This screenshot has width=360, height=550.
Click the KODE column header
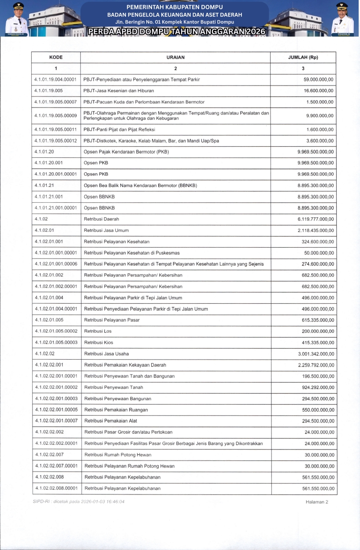click(x=56, y=57)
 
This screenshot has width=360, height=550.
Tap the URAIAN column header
click(x=175, y=57)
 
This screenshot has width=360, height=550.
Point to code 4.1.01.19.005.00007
click(x=56, y=102)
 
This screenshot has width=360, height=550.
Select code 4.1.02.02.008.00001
click(x=56, y=488)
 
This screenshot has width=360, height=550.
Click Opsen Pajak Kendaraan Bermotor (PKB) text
click(x=126, y=152)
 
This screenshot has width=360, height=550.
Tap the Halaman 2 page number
click(x=317, y=502)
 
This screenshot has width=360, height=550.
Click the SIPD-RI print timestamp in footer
click(x=79, y=502)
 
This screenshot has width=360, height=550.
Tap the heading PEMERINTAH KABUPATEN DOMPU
click(x=174, y=7)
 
